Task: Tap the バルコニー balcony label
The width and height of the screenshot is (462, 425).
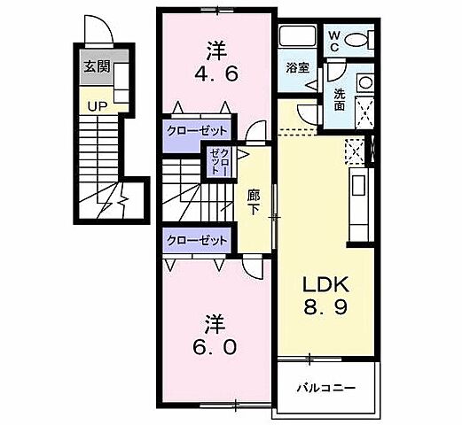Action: (x=325, y=388)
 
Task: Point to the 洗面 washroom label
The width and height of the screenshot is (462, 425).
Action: (x=340, y=99)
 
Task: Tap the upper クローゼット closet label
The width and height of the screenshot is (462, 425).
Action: (x=197, y=130)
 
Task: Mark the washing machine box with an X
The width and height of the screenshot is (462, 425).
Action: (x=363, y=112)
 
